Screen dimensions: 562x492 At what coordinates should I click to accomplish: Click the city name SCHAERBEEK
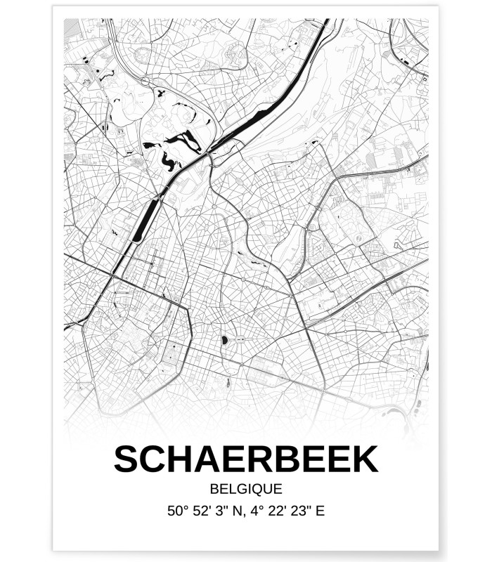pos(245,459)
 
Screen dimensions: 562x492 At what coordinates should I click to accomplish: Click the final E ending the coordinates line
pos(321,511)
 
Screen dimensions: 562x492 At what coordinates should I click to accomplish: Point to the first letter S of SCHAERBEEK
pos(127,459)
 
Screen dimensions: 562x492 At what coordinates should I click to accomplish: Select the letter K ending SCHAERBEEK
pos(365,459)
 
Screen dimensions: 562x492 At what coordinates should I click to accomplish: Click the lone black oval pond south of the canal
pos(224,341)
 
